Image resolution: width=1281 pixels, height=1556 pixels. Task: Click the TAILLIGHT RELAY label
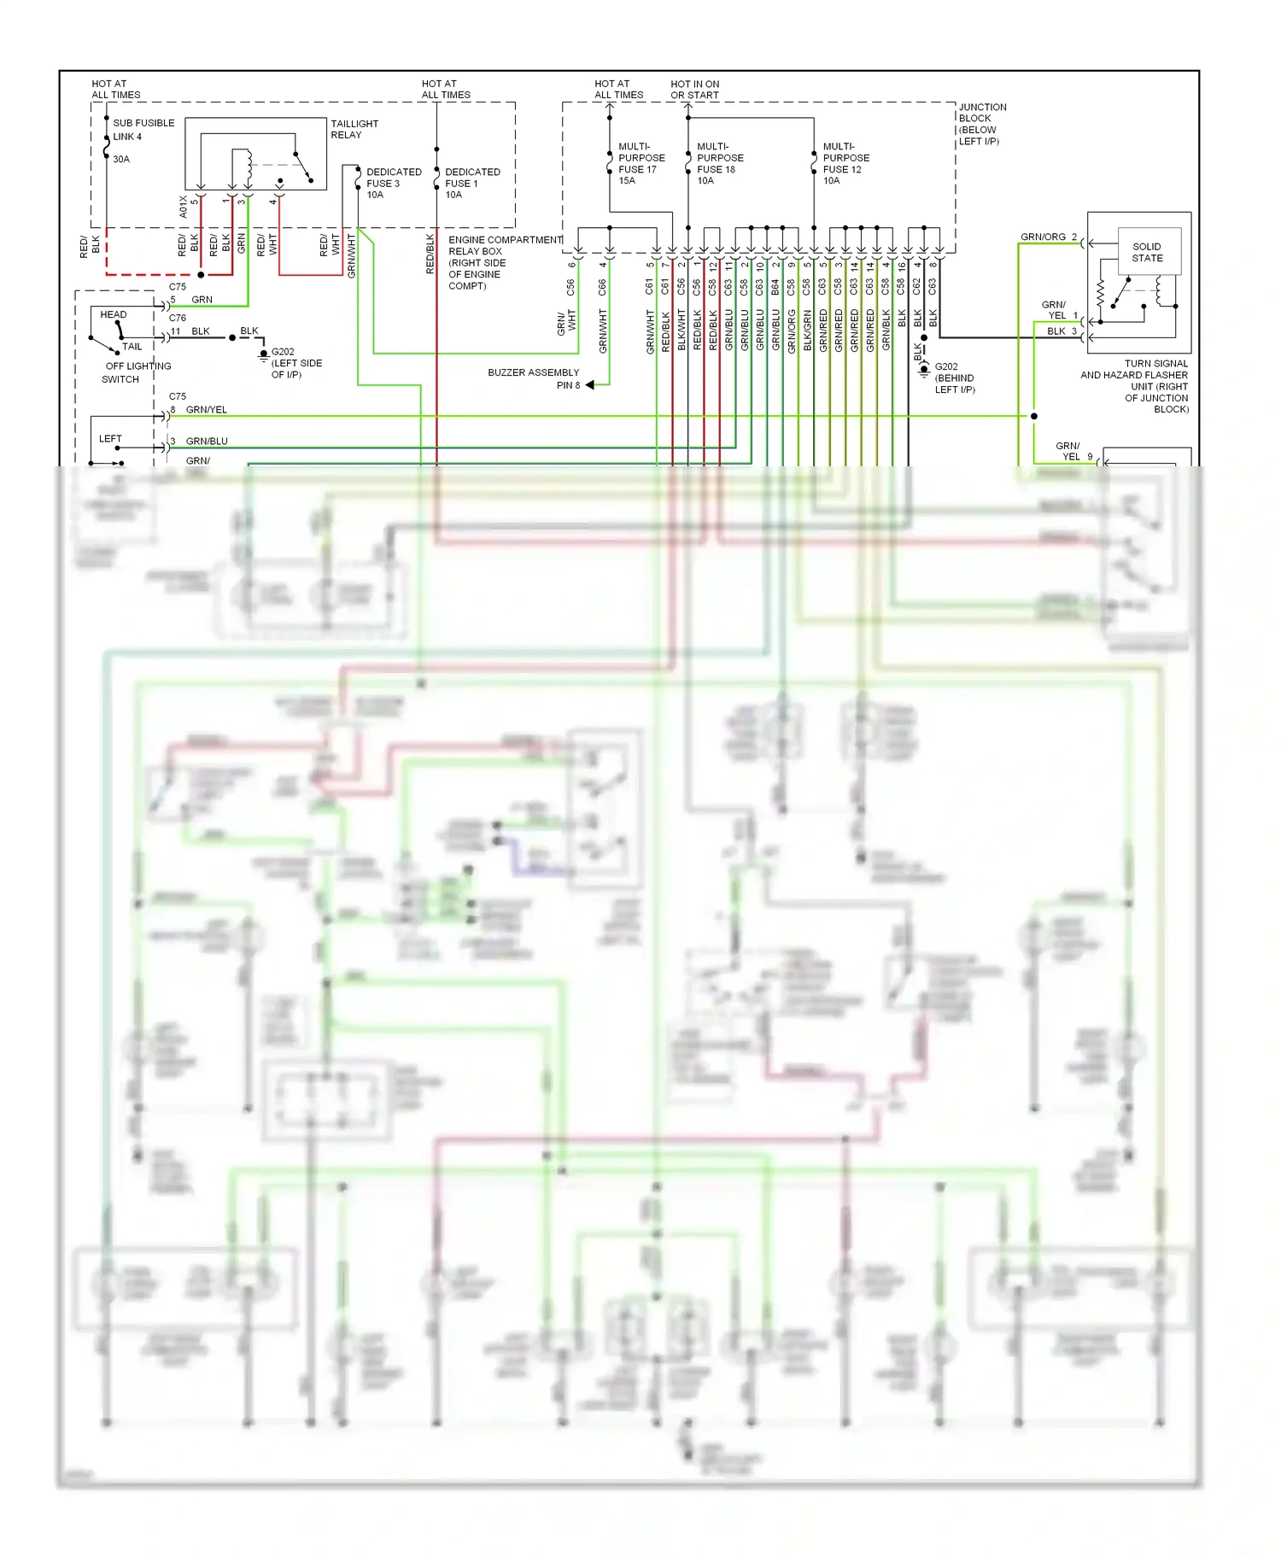(354, 129)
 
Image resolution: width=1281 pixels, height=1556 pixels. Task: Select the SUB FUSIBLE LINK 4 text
(143, 130)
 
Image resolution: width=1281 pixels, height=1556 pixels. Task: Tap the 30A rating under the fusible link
(121, 160)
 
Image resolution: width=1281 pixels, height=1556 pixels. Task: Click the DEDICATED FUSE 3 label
(393, 183)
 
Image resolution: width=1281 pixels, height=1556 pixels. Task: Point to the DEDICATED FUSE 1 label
(471, 183)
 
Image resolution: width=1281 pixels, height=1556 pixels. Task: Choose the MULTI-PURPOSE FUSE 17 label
(640, 163)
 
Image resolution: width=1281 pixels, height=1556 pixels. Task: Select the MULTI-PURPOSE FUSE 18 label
(719, 163)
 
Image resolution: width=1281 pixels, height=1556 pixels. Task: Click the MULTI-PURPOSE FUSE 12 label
(845, 163)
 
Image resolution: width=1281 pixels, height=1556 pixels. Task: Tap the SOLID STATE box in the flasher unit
(1147, 252)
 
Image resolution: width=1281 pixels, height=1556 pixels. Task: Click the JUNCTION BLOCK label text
(982, 124)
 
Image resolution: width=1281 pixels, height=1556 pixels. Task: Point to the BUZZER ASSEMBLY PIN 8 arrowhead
(590, 385)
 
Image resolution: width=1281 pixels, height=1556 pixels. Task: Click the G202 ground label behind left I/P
(953, 377)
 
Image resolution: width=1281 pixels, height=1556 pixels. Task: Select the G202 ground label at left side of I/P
(295, 363)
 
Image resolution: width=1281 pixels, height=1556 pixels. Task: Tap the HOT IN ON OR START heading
(694, 90)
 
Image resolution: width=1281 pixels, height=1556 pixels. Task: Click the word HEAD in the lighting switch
(113, 314)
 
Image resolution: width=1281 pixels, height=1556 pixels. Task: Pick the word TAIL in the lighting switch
(132, 347)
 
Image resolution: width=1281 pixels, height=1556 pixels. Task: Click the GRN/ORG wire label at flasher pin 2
(1043, 237)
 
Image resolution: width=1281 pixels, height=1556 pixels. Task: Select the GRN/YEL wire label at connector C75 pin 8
(206, 410)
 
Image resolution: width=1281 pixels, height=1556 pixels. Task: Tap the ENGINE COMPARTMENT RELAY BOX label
(504, 262)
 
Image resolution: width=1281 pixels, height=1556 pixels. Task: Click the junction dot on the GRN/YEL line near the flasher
(1033, 416)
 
